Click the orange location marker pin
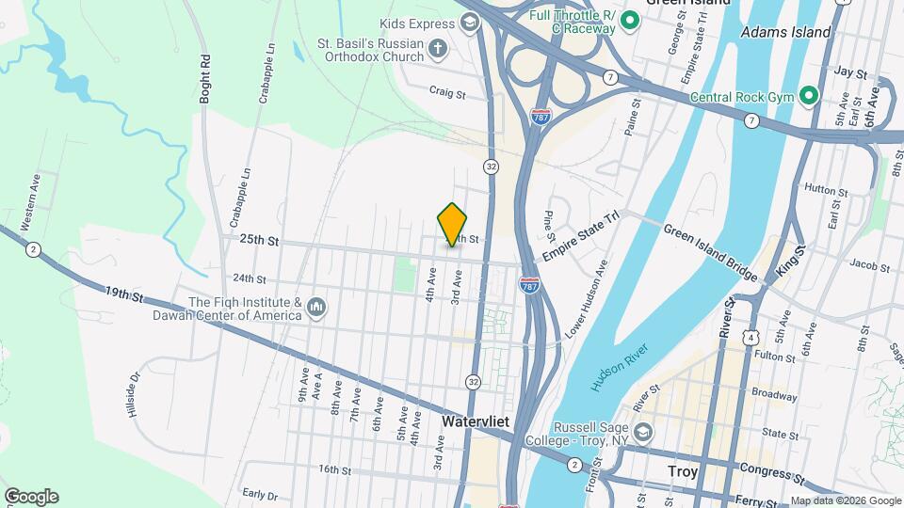(x=453, y=224)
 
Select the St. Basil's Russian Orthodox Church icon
(x=437, y=48)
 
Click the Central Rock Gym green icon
(x=807, y=96)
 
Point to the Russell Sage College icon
(x=642, y=433)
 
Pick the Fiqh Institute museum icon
(x=316, y=308)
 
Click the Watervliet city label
(x=476, y=422)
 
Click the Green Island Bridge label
(x=710, y=252)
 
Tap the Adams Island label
(x=786, y=32)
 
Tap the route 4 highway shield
(x=751, y=336)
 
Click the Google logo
(x=31, y=497)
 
